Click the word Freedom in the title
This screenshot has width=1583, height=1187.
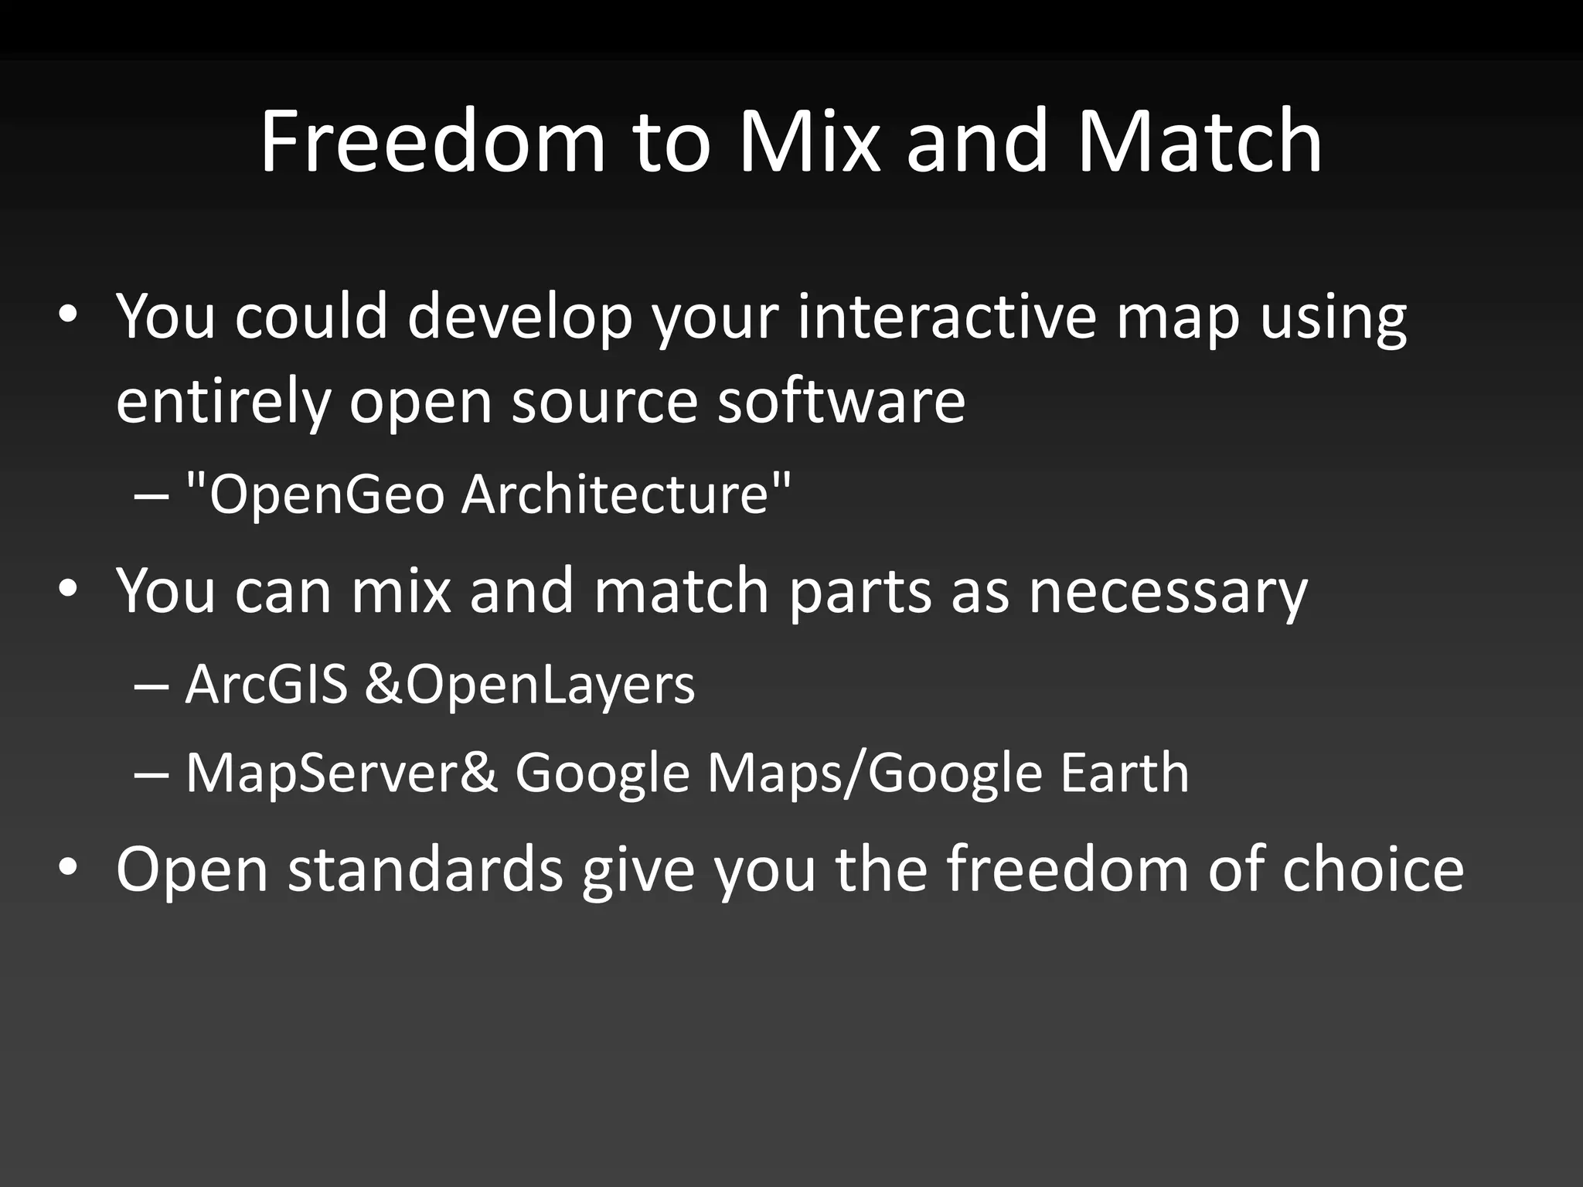(433, 141)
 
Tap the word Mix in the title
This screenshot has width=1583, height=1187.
(809, 141)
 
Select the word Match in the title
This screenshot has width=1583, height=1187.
(1199, 141)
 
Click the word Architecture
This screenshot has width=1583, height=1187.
(617, 494)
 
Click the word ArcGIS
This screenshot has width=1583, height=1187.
(267, 685)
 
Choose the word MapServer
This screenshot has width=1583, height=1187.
(322, 774)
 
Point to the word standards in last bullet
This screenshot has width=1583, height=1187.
(425, 869)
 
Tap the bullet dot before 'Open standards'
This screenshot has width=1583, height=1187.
(68, 869)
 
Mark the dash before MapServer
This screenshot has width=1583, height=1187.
(150, 774)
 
